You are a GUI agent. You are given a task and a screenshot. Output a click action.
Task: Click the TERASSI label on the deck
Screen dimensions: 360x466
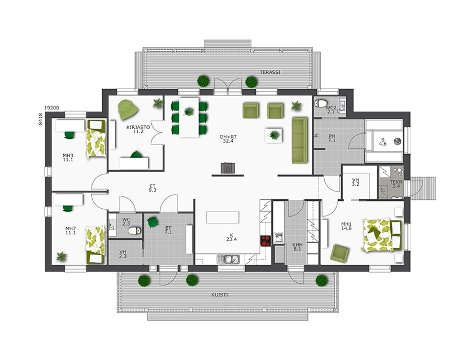tap(270, 72)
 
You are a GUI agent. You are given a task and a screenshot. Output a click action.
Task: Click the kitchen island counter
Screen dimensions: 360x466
tap(223, 218)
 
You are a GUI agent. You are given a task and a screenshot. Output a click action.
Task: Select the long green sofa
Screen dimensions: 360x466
tap(299, 140)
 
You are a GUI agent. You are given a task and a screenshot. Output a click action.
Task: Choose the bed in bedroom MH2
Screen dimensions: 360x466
tap(95, 244)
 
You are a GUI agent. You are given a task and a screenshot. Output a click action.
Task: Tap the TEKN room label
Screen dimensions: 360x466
tap(397, 185)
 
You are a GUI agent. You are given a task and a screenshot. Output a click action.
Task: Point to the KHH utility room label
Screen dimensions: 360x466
tap(297, 247)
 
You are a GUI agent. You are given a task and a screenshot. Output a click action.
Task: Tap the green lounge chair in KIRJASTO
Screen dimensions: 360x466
tap(128, 107)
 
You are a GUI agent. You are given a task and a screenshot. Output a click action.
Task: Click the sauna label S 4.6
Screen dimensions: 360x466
tap(383, 142)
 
